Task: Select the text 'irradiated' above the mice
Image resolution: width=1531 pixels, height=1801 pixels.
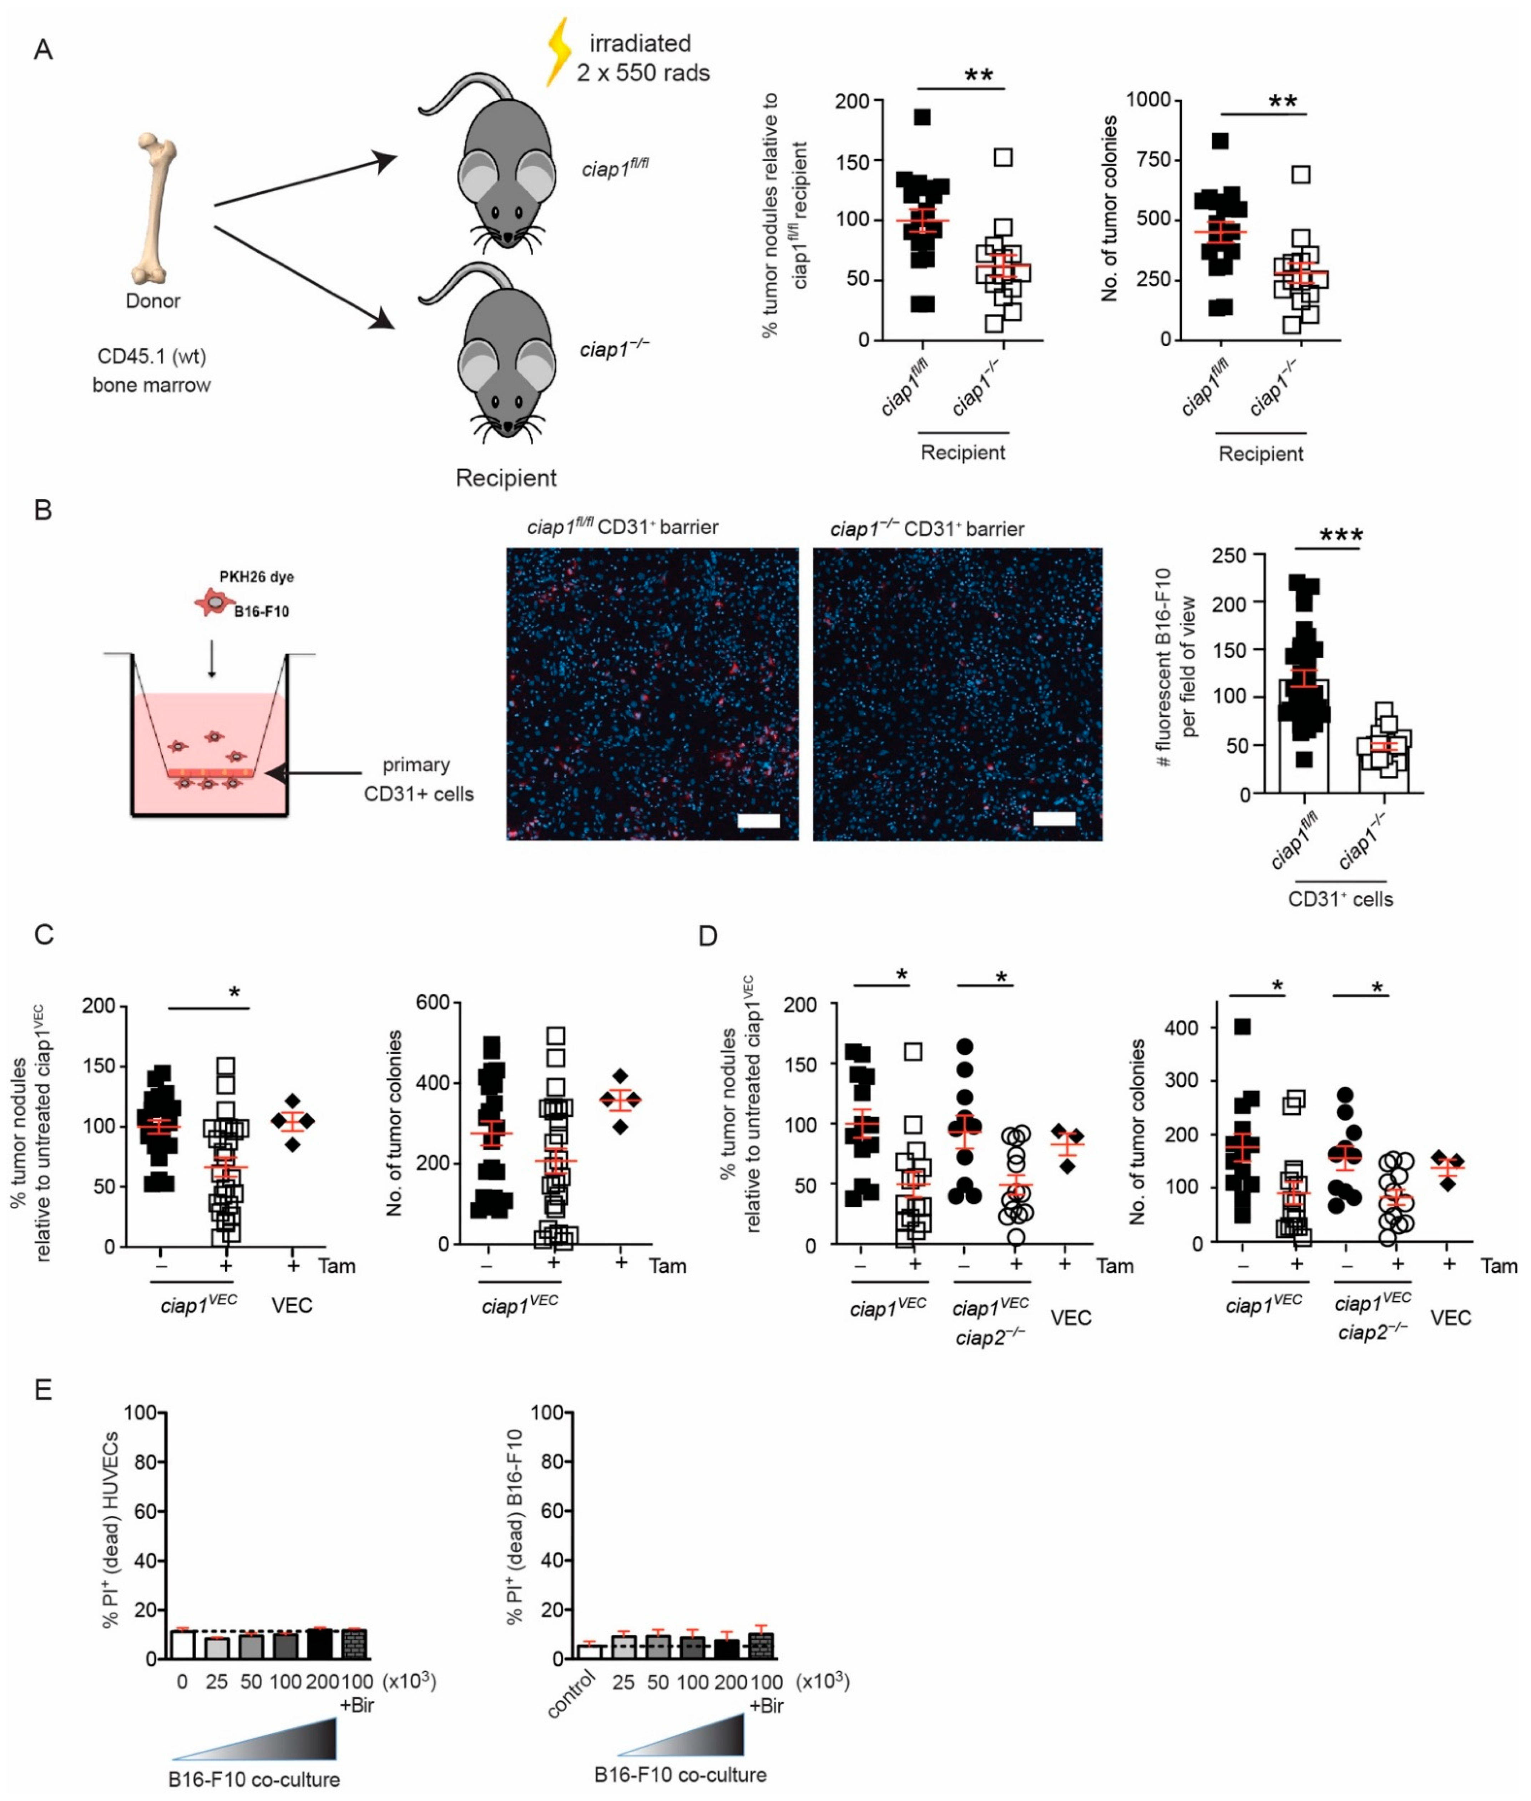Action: (x=641, y=44)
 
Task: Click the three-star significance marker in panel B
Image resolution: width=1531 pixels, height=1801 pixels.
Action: (x=1341, y=535)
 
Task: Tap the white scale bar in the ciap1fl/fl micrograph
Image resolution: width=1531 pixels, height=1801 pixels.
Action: (x=759, y=820)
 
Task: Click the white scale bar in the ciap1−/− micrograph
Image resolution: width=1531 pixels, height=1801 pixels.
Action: (x=1055, y=818)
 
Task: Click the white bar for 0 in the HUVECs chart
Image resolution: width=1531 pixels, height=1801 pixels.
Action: (x=181, y=1645)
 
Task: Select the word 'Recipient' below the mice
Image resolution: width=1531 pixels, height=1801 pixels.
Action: (x=506, y=478)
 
